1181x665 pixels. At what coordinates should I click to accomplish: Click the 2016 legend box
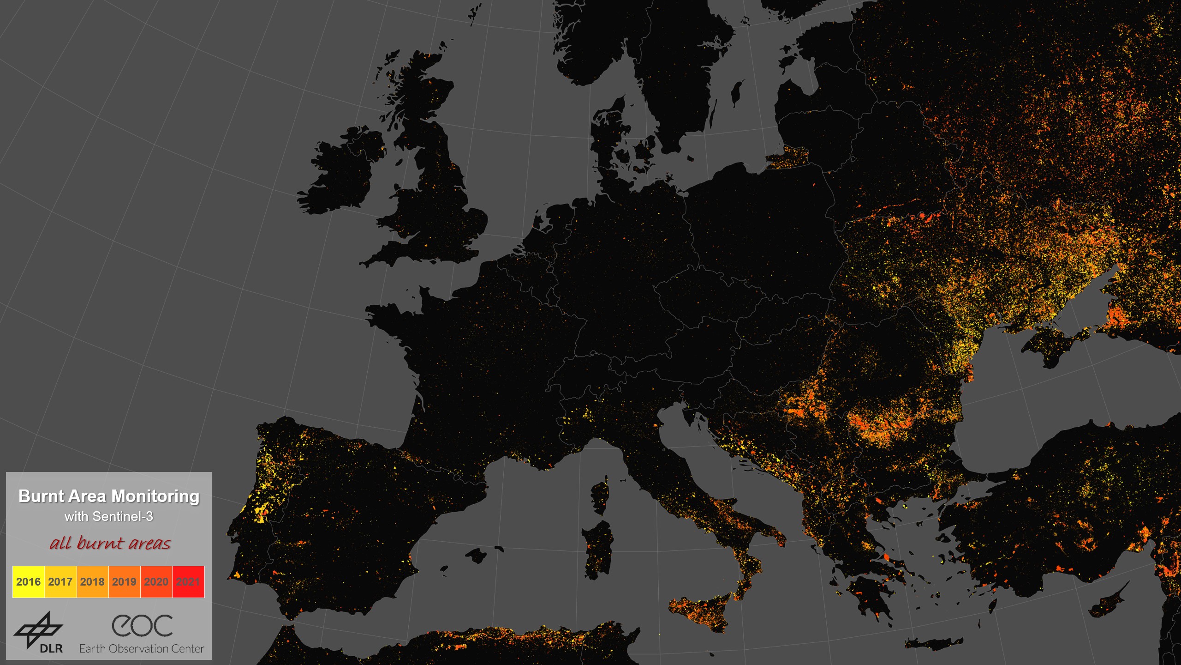pos(29,581)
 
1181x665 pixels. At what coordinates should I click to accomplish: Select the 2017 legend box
pos(60,581)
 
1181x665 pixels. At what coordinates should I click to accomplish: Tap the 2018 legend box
pos(92,581)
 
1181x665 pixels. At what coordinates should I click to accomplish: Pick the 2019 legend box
pos(124,581)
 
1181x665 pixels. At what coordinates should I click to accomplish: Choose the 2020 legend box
pos(156,581)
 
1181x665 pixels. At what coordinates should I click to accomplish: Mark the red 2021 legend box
pos(188,581)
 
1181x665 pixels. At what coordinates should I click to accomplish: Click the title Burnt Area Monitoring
pos(109,496)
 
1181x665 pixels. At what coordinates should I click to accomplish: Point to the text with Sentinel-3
pos(109,516)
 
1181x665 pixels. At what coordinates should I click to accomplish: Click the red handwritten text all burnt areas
pos(110,543)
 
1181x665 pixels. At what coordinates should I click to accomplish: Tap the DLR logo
pos(39,632)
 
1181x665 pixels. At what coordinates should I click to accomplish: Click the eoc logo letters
pos(142,626)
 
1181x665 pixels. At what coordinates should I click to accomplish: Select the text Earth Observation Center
pos(142,649)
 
